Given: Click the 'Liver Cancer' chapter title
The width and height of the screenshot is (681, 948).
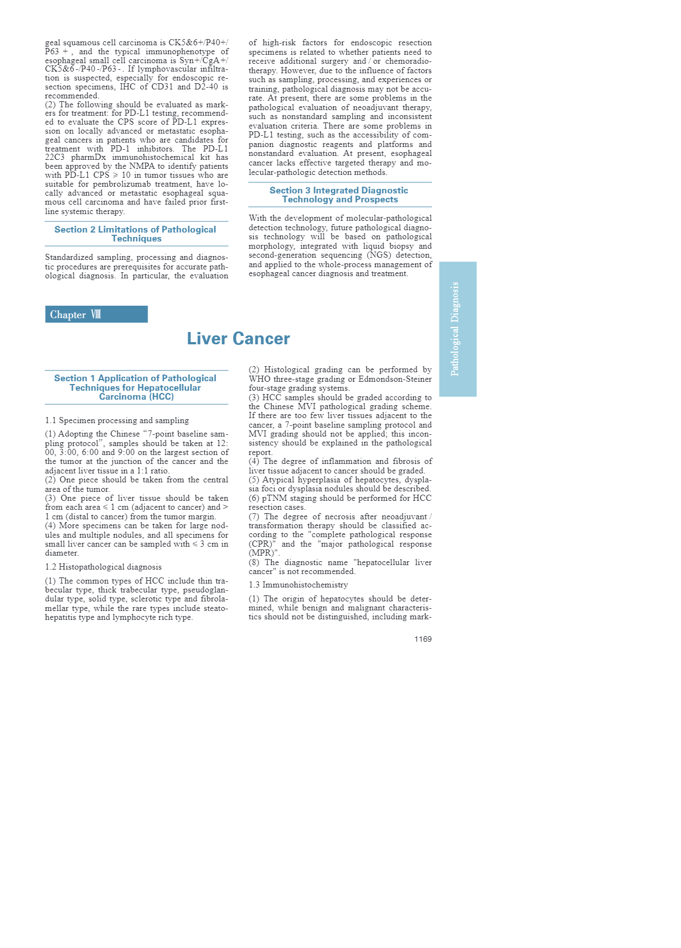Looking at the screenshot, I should tap(238, 339).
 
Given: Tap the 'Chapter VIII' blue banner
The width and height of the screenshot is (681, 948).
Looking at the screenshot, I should tap(96, 314).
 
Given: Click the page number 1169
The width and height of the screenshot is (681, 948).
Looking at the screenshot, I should tap(423, 639).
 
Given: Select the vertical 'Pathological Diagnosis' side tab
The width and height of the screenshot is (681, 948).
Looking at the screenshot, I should tap(457, 329).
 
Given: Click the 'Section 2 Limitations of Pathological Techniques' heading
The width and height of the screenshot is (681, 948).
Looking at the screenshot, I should tap(136, 234).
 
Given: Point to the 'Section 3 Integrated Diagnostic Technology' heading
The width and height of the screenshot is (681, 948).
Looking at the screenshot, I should tap(339, 195).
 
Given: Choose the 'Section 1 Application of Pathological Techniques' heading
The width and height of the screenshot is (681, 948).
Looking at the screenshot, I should tap(136, 387).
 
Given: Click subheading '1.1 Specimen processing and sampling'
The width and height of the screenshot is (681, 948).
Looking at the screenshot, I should tap(117, 420).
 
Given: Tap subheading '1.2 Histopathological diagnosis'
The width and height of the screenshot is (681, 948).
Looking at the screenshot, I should tap(103, 567).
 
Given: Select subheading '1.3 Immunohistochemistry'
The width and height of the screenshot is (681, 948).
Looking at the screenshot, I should tap(298, 585).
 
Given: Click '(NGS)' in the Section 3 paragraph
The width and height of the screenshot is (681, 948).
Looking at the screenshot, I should tap(379, 255).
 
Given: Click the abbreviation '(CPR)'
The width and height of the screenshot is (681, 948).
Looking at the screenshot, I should tap(261, 544).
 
